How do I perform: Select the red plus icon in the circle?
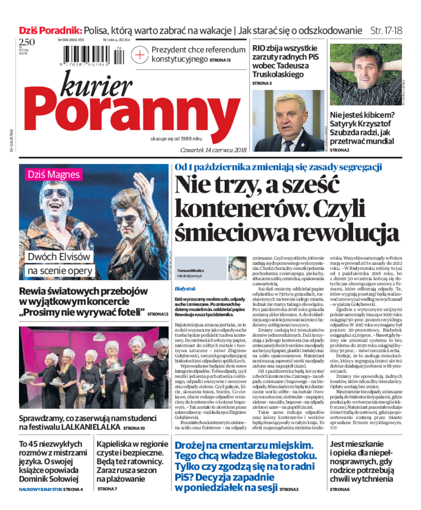[140, 54]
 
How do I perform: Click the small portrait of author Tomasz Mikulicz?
[237, 268]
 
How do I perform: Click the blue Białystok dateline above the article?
[185, 289]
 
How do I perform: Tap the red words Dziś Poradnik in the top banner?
[51, 30]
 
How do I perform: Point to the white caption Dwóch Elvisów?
[59, 257]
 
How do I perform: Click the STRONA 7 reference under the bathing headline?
[107, 489]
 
